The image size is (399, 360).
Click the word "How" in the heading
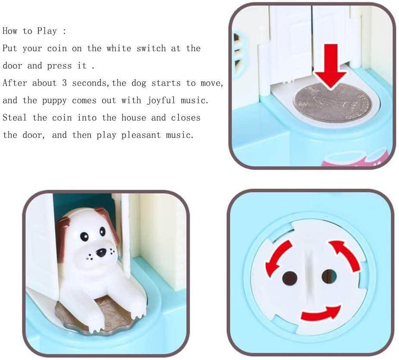[10, 31]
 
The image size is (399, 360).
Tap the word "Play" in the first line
[47, 31]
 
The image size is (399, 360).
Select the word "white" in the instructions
[119, 48]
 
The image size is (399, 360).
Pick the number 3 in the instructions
[64, 83]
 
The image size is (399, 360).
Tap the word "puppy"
[54, 101]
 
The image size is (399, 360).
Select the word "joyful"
[161, 100]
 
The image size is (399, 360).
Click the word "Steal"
[15, 118]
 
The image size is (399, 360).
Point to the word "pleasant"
[141, 135]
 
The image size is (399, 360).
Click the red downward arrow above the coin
[331, 67]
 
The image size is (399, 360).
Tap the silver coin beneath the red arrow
[332, 102]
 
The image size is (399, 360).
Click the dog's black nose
[101, 252]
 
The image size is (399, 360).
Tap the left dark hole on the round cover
[290, 278]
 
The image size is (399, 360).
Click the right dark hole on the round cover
[329, 276]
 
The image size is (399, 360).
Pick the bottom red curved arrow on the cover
[321, 313]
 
